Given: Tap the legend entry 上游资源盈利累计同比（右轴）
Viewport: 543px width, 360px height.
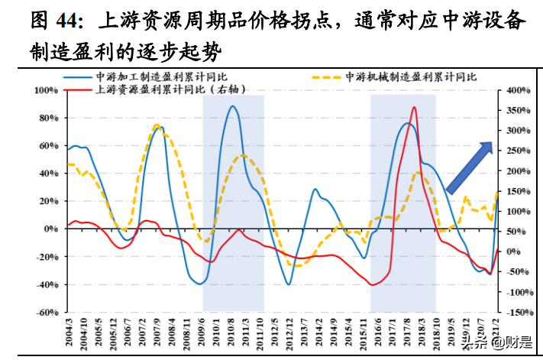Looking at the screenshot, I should pos(153,89).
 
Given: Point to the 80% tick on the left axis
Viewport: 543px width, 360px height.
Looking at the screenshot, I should pos(47,118).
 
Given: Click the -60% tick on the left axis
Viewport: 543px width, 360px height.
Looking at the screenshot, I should pos(47,313).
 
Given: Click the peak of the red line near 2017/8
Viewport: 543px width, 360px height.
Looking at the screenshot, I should pos(414,108).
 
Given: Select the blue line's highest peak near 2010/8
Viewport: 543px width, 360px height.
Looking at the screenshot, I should pos(232,106).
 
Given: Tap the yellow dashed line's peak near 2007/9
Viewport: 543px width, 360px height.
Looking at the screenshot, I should pos(157,125).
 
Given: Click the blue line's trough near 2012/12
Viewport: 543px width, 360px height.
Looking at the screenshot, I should pos(289,284).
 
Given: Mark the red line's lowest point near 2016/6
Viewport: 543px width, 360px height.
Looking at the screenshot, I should pos(373,284).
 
